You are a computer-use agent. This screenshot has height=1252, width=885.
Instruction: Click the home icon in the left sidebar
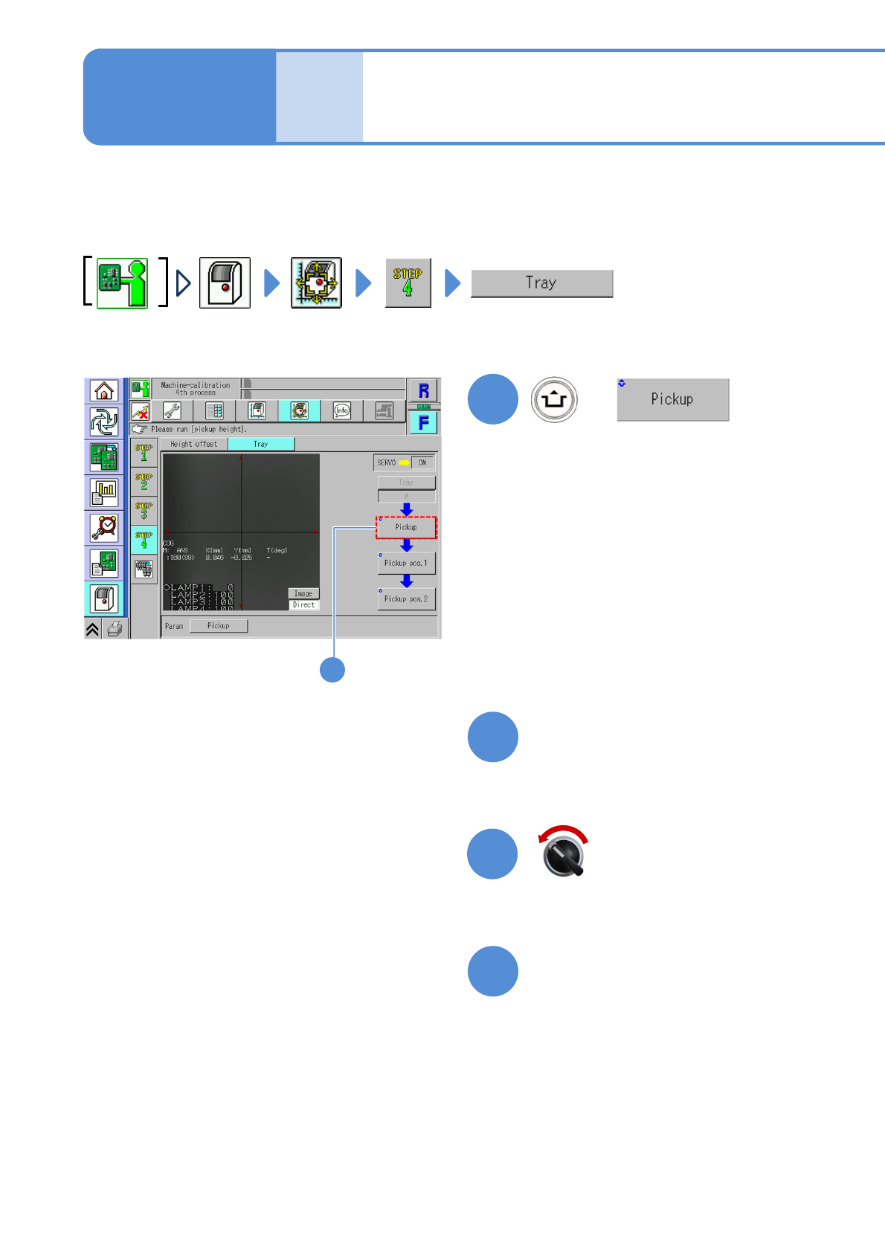click(x=104, y=390)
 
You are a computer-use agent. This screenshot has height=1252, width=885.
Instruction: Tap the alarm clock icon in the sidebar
click(x=104, y=528)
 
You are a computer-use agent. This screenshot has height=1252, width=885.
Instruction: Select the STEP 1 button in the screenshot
click(x=144, y=452)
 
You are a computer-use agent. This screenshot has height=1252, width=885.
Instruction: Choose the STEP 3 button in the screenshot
click(x=144, y=511)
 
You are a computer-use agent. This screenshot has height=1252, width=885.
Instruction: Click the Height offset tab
click(x=194, y=444)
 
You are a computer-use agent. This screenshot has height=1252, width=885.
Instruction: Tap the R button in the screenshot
click(x=423, y=390)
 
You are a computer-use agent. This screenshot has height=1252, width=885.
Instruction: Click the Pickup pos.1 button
click(x=406, y=563)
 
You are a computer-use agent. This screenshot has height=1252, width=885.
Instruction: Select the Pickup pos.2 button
click(x=406, y=598)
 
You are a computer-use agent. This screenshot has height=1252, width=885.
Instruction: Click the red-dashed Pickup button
click(x=406, y=527)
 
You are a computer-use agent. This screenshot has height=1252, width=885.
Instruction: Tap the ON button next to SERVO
click(x=422, y=462)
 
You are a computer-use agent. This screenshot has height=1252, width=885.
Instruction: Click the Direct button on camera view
click(x=303, y=605)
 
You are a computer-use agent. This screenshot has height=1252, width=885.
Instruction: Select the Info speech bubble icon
click(x=341, y=410)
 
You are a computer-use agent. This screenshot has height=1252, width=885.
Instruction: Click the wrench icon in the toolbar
click(x=172, y=410)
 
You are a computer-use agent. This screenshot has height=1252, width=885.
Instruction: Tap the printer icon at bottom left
click(x=115, y=630)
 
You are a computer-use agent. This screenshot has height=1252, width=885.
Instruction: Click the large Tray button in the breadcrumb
click(x=541, y=283)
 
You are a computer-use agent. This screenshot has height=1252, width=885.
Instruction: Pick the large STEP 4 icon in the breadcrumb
click(x=408, y=283)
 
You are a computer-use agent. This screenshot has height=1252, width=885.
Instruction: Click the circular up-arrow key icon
click(x=554, y=399)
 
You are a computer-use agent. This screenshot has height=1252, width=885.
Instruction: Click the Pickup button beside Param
click(x=218, y=626)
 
